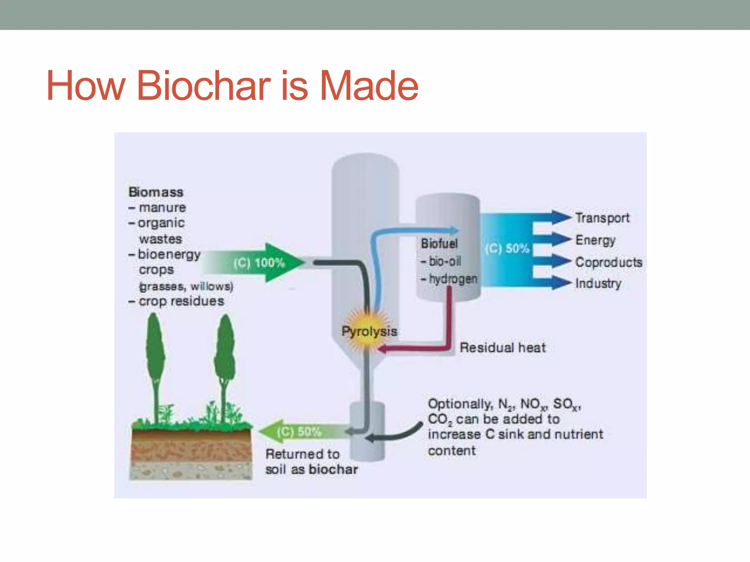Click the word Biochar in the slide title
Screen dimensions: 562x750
point(204,86)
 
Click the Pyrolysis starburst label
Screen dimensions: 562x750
point(369,331)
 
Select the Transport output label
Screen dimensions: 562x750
point(602,218)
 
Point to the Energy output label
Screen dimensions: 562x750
point(595,240)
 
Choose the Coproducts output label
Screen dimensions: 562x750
point(608,262)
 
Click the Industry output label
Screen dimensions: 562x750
point(598,284)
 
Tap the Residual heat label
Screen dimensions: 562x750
point(502,348)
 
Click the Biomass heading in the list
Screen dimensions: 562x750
point(156,192)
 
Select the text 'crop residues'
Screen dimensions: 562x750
point(181,301)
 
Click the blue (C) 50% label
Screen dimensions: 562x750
point(507,249)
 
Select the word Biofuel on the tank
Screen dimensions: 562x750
point(439,244)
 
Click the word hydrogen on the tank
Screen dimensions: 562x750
point(453,279)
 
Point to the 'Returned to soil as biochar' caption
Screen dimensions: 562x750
point(311,462)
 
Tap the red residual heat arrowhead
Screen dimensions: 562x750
point(382,349)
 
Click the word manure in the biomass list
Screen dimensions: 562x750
point(162,207)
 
